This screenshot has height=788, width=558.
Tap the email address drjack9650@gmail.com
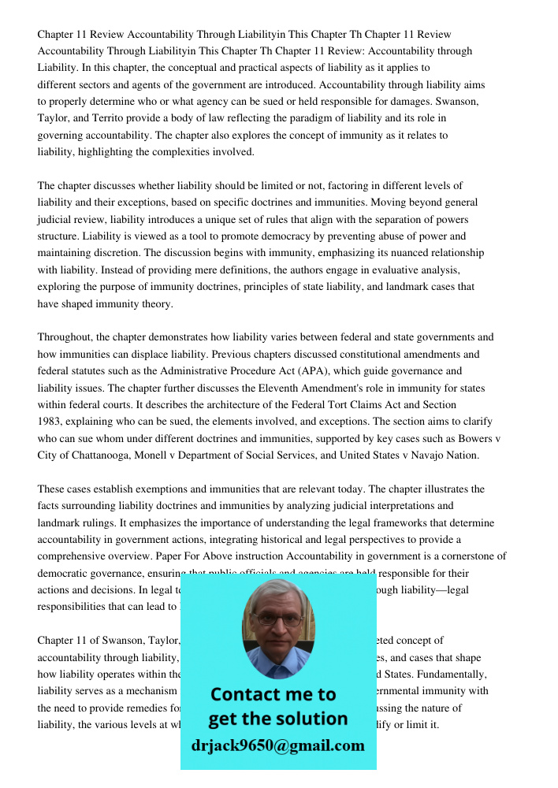(278, 745)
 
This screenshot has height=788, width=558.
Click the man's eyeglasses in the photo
(279, 619)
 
